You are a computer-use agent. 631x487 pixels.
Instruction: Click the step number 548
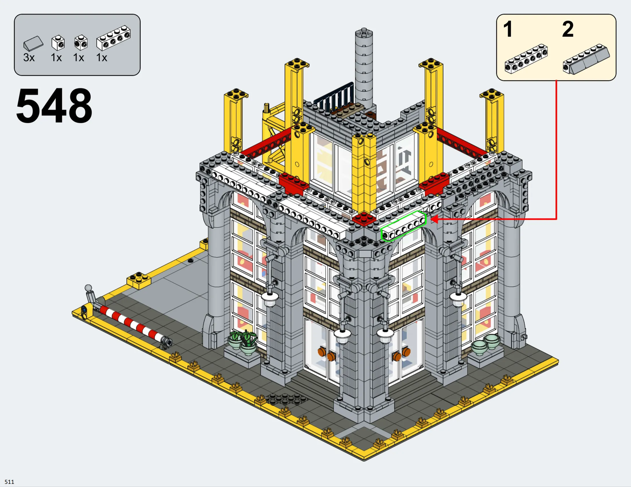54,106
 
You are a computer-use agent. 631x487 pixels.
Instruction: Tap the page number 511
9,482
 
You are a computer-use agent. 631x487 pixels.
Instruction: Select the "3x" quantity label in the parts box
29,58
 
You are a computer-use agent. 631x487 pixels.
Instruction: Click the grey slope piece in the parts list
33,44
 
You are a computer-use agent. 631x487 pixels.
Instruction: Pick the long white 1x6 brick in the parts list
114,38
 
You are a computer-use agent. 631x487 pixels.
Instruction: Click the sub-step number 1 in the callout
508,29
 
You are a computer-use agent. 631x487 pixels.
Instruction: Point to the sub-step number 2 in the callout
568,29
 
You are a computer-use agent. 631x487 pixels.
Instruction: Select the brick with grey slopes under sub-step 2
586,59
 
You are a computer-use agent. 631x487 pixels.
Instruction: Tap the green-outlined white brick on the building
404,226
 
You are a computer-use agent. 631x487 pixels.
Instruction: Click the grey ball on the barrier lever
88,288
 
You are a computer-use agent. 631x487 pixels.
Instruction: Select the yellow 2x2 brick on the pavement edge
139,280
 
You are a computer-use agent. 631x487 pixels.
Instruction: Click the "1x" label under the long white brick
102,58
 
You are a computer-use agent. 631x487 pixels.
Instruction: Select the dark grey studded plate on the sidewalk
286,399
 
